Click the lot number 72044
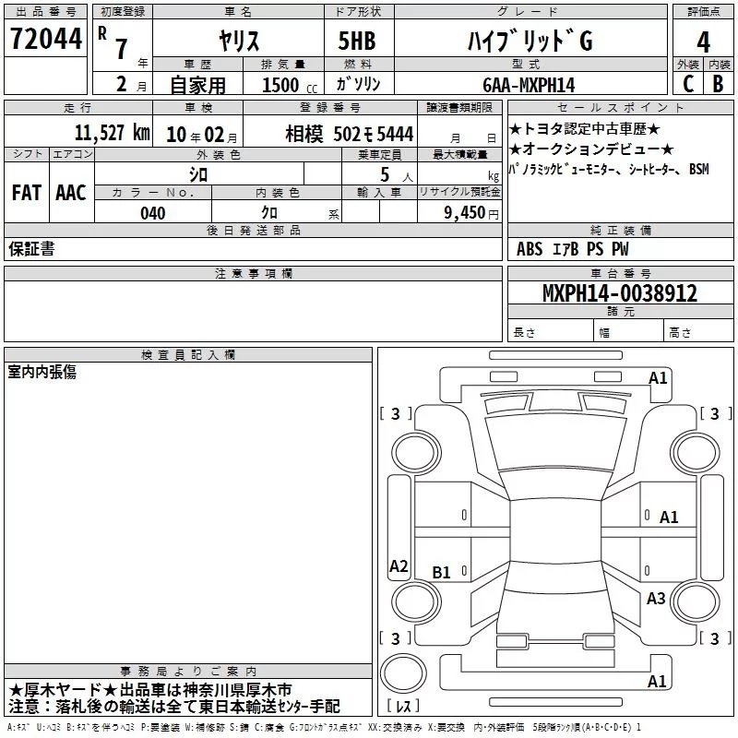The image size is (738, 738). click(x=45, y=39)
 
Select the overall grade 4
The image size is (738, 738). click(x=703, y=42)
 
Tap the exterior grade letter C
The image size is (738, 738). click(x=688, y=84)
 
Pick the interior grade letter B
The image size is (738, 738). click(x=719, y=84)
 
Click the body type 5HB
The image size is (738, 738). click(x=357, y=41)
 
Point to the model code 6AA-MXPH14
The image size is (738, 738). click(x=529, y=85)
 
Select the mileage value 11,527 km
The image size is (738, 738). click(x=113, y=133)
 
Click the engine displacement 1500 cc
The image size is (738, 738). click(x=290, y=85)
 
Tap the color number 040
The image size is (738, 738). click(x=153, y=213)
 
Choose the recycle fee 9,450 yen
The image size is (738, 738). click(x=471, y=213)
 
